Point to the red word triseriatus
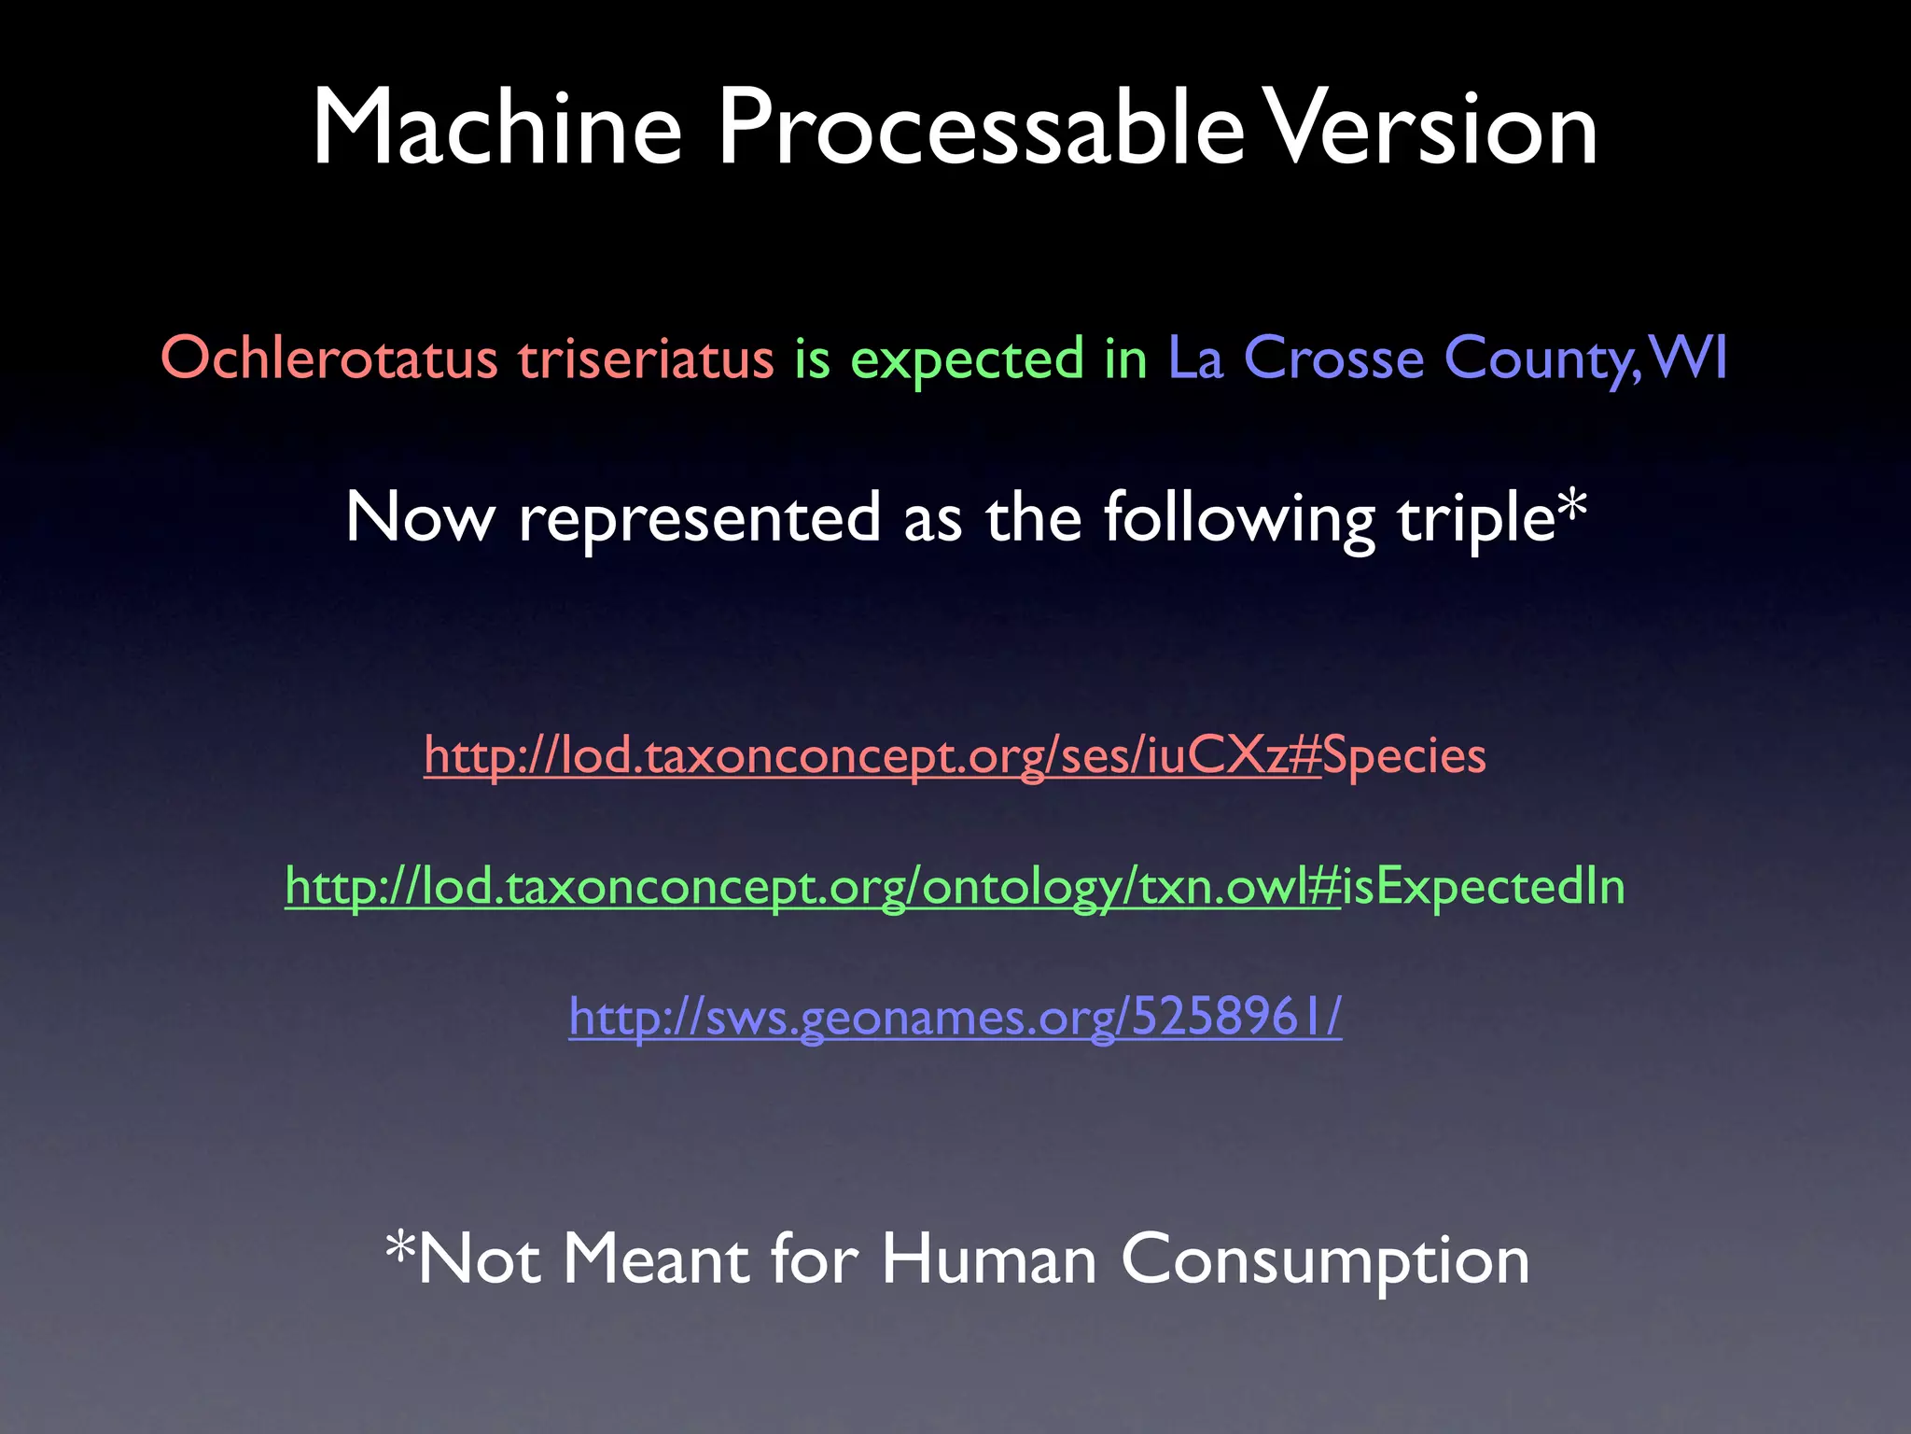[646, 358]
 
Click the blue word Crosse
[1333, 358]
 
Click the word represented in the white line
[699, 519]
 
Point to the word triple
[1475, 519]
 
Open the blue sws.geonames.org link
[955, 1017]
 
